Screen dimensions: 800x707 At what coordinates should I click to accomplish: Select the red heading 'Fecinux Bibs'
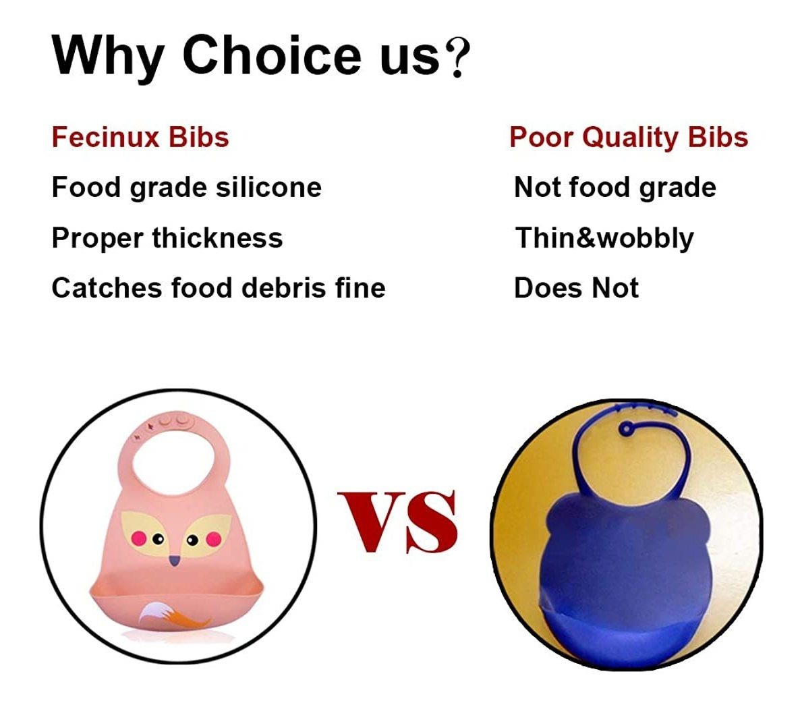pyautogui.click(x=140, y=138)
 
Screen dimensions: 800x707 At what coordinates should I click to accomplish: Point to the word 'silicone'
pyautogui.click(x=268, y=187)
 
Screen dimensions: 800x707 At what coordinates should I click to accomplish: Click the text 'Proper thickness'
pyautogui.click(x=167, y=238)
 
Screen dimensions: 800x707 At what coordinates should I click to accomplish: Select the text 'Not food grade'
pyautogui.click(x=615, y=188)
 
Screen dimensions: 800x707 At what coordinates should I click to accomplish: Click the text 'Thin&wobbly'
pyautogui.click(x=604, y=238)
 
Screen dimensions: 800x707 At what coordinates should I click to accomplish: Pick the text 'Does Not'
pyautogui.click(x=577, y=288)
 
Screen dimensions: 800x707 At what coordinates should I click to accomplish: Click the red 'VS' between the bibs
pyautogui.click(x=397, y=522)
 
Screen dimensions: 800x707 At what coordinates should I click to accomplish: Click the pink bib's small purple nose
pyautogui.click(x=175, y=561)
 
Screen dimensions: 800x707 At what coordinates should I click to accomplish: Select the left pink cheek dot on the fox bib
pyautogui.click(x=139, y=538)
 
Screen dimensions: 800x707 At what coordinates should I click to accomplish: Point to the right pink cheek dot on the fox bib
pyautogui.click(x=213, y=538)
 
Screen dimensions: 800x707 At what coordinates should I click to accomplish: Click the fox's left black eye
pyautogui.click(x=158, y=538)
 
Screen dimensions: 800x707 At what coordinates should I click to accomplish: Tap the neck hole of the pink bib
pyautogui.click(x=172, y=461)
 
